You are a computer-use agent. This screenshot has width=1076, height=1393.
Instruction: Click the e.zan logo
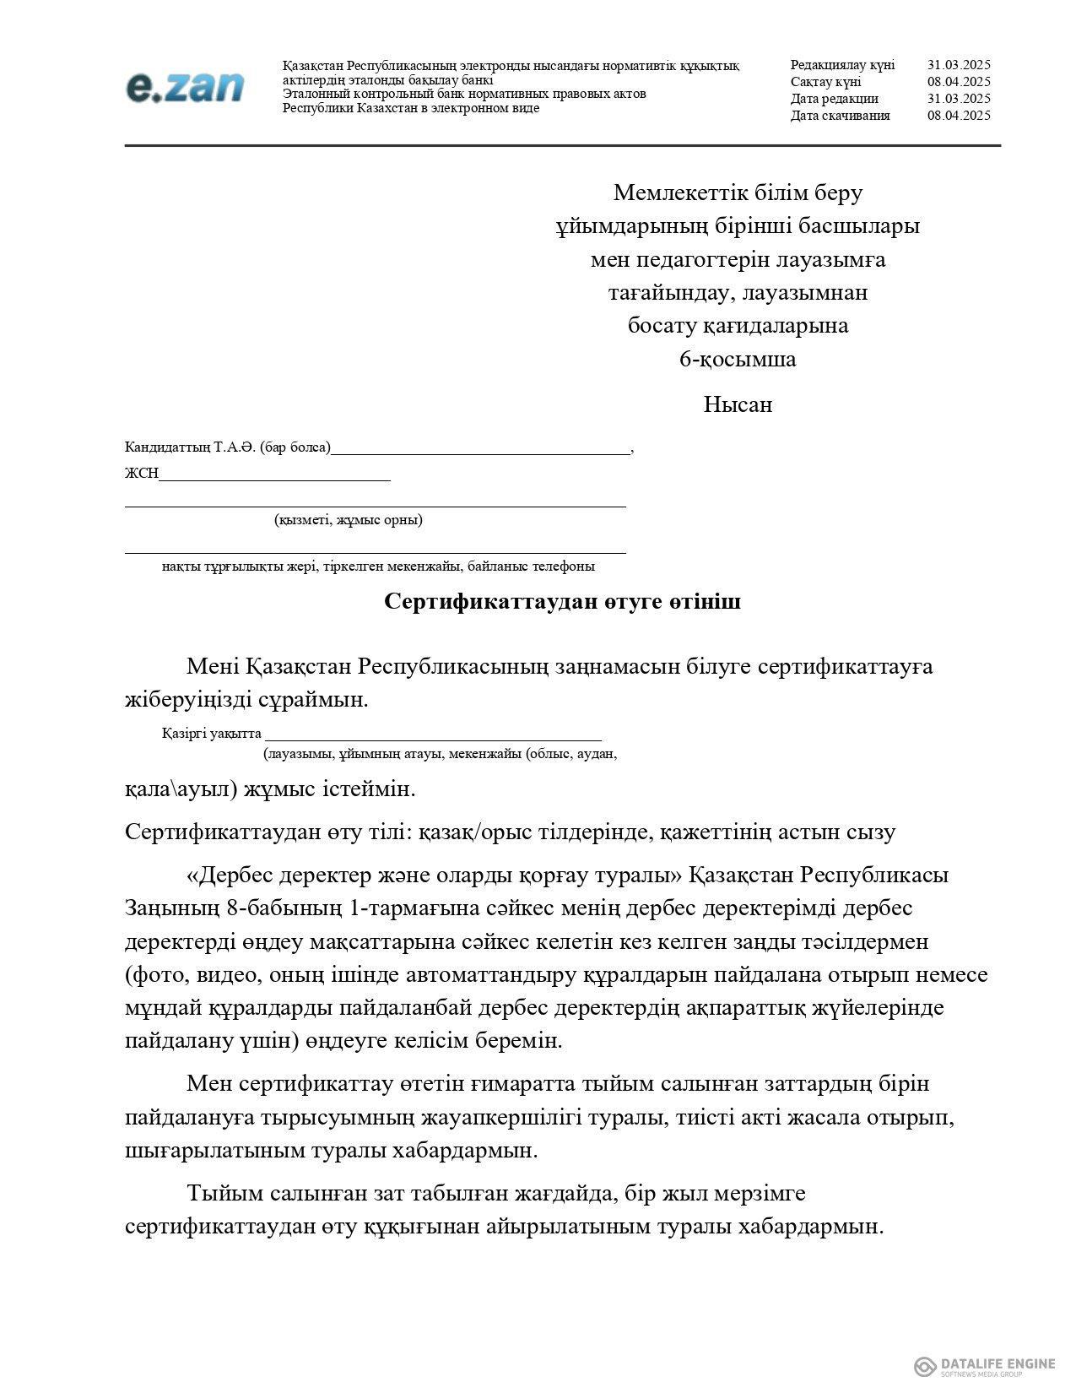[x=185, y=87]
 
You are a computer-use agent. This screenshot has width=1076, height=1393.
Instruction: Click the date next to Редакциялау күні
[x=958, y=65]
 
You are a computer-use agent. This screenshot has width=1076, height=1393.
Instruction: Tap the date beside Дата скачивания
[x=958, y=116]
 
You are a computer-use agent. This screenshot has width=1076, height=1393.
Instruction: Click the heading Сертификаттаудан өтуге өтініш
[x=562, y=602]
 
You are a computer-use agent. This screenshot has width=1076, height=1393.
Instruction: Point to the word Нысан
[x=738, y=404]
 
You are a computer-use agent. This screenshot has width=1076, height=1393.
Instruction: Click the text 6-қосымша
[x=738, y=360]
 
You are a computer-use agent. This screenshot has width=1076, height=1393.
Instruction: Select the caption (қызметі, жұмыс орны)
[x=349, y=520]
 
